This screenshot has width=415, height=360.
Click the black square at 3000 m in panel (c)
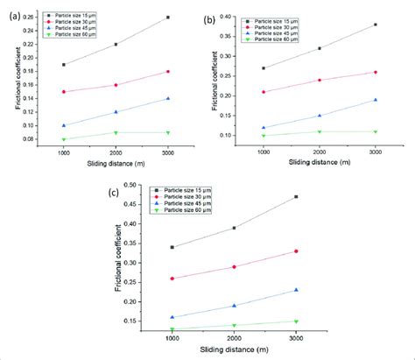[296, 196]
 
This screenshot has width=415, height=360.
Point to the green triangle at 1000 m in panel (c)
[172, 329]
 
